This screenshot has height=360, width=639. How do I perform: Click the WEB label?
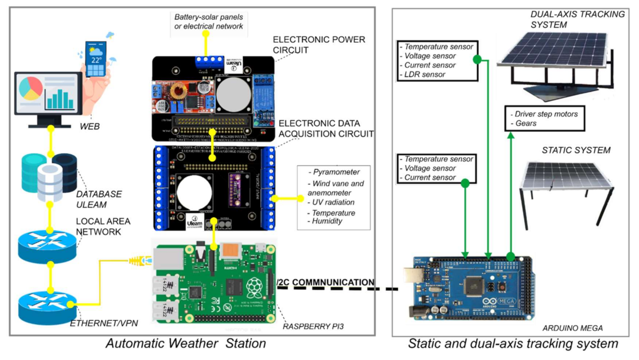point(90,126)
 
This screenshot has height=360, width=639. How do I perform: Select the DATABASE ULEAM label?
point(99,199)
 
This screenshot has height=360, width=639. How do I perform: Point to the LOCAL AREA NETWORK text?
point(103,227)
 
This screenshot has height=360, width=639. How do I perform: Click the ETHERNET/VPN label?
point(104,323)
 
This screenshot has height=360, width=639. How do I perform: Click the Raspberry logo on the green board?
point(254,287)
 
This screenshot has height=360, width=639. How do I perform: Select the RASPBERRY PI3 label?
point(313,326)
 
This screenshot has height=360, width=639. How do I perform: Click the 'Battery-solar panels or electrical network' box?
point(209,22)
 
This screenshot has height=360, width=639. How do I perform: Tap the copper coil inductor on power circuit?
point(179,92)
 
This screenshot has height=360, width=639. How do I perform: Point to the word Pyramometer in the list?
point(336,172)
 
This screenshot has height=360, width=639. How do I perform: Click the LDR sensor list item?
point(424,74)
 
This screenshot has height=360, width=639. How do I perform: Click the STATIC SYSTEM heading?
point(576,150)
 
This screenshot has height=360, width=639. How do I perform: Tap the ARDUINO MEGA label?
point(572,328)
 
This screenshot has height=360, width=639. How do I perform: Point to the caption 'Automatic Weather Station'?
point(186,343)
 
